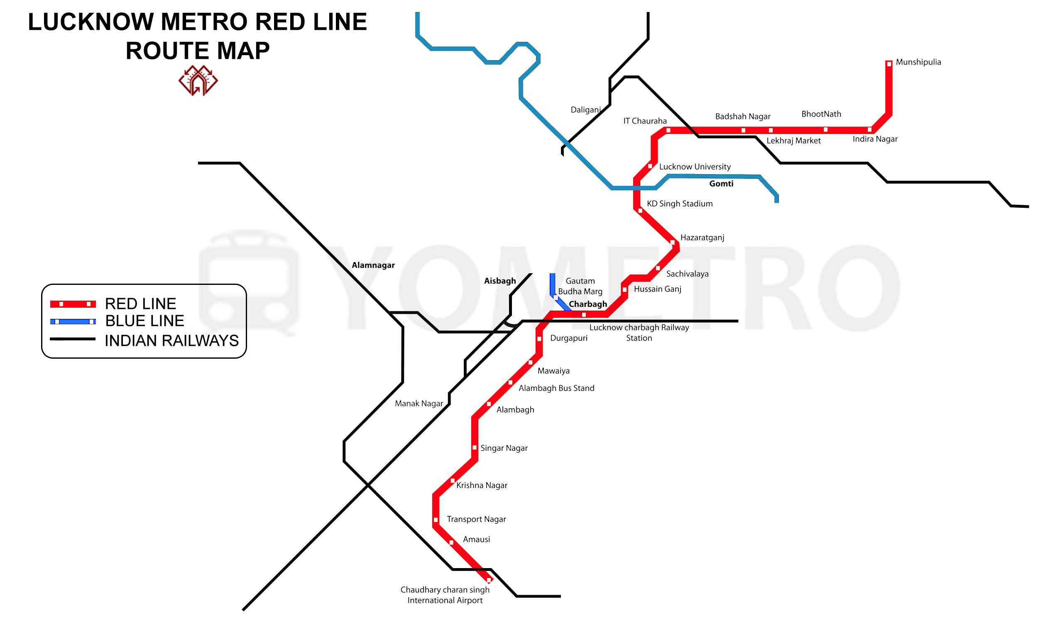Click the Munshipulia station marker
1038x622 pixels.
click(889, 64)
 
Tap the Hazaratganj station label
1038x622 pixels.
click(702, 238)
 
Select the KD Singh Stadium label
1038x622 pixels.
click(679, 204)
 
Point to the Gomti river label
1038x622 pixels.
click(721, 184)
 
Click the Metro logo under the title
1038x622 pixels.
click(198, 80)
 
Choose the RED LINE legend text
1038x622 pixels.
click(140, 304)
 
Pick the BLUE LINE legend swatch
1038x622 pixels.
click(73, 321)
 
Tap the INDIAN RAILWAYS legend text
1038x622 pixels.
click(171, 341)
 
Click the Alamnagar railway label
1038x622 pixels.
click(373, 265)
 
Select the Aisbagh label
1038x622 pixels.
click(500, 281)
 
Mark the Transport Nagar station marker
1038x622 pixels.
click(436, 520)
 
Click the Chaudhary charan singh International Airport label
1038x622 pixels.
click(445, 595)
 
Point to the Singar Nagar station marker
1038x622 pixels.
click(475, 448)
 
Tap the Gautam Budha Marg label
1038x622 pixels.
click(580, 286)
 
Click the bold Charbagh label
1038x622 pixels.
click(588, 304)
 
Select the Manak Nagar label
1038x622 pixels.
click(419, 403)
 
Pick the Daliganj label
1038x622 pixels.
click(586, 110)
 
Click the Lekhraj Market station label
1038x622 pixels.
click(793, 141)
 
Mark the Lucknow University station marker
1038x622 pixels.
click(650, 166)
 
